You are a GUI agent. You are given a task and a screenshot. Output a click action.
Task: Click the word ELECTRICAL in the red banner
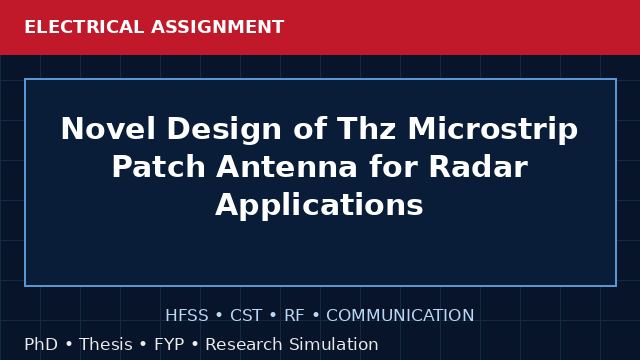point(84,27)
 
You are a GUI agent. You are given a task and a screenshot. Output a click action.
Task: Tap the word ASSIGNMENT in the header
point(218,27)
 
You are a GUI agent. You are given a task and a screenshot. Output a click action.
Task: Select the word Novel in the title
point(108,129)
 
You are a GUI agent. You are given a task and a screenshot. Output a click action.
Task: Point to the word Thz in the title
point(366,129)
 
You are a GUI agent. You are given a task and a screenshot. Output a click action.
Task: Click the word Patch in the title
point(159,167)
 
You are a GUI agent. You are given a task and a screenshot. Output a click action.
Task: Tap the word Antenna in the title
point(287,167)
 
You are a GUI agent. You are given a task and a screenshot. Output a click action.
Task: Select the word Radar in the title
point(478,167)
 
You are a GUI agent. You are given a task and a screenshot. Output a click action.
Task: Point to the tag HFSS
point(187,316)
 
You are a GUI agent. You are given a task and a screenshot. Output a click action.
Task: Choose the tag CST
point(246,316)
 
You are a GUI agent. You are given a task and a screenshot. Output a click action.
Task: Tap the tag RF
point(294,316)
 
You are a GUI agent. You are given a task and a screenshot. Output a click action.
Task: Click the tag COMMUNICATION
point(400,316)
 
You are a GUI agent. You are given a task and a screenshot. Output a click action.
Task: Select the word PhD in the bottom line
point(41,344)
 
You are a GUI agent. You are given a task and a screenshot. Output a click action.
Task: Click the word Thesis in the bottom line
point(106,344)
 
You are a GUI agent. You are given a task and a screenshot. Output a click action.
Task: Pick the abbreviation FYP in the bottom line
point(169,344)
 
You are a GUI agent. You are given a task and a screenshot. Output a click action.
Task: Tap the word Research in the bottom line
point(244,344)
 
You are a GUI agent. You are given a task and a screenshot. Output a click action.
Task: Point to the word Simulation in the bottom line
point(334,344)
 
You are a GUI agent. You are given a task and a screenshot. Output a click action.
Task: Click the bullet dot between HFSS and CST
point(219,316)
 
